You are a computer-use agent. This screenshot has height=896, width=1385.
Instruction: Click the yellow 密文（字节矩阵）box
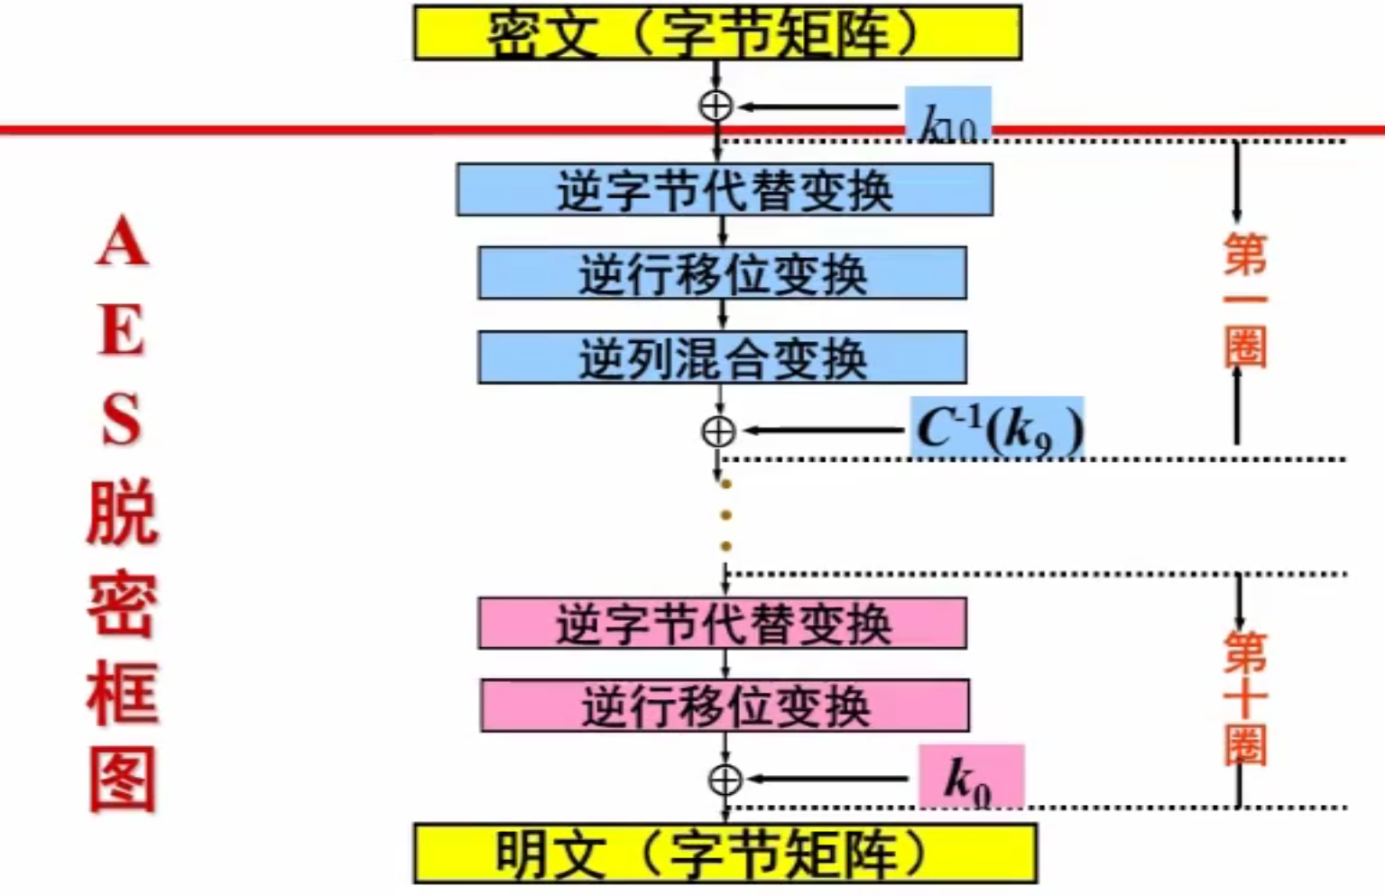717,33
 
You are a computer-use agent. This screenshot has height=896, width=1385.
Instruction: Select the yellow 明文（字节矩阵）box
725,853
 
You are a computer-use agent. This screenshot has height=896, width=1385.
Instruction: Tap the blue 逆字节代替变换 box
724,189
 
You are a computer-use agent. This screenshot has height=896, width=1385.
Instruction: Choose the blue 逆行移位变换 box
722,272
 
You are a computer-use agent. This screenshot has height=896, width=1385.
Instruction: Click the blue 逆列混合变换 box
722,357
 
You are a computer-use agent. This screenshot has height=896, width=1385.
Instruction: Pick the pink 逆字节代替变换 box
722,623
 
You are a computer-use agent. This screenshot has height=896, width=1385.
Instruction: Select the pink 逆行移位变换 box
725,706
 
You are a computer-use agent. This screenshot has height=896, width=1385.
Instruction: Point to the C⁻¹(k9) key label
997,429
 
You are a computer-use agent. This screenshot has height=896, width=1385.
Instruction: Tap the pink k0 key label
970,777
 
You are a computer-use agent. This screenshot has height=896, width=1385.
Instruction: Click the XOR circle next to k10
716,106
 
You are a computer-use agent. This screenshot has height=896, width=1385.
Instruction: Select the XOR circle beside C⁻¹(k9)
718,431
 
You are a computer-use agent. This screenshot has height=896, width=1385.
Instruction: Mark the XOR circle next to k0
725,780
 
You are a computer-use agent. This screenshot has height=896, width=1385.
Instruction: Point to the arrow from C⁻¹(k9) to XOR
823,430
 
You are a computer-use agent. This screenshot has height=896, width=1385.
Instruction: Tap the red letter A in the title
122,242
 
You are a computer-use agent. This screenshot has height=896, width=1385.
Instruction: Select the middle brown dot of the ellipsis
725,515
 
